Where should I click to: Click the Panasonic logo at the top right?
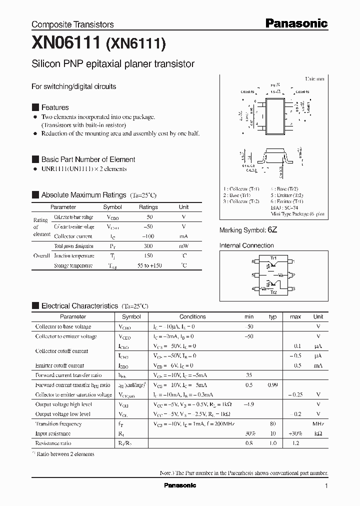(296, 23)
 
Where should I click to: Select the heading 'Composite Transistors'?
(72, 24)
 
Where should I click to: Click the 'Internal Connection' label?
(246, 245)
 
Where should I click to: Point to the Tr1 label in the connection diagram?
(273, 258)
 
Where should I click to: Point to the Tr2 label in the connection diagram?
(273, 292)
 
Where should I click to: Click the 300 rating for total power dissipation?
(148, 246)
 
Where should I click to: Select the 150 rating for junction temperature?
(148, 255)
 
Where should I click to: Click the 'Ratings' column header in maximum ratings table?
(148, 207)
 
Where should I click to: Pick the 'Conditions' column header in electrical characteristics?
(192, 316)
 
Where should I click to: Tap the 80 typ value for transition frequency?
(273, 424)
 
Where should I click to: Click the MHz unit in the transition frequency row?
(318, 424)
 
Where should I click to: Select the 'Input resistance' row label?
(52, 433)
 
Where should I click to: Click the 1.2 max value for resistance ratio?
(295, 443)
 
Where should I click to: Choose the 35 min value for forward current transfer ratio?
(248, 375)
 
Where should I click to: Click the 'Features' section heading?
(55, 107)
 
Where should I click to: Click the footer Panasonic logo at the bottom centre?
(180, 485)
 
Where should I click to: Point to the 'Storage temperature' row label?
(73, 265)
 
